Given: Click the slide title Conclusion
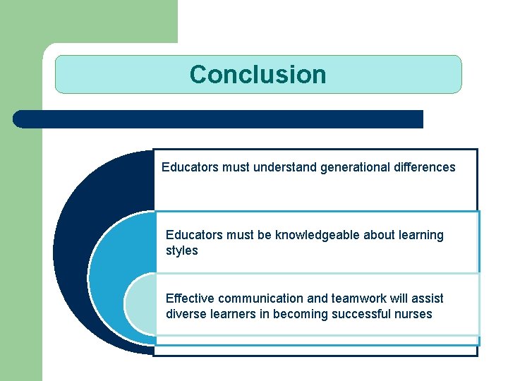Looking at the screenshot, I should point(258,74).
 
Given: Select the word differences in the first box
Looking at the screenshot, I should point(423,167).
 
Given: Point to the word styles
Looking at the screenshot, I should point(182,251).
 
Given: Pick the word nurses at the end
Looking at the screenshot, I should point(414,315).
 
